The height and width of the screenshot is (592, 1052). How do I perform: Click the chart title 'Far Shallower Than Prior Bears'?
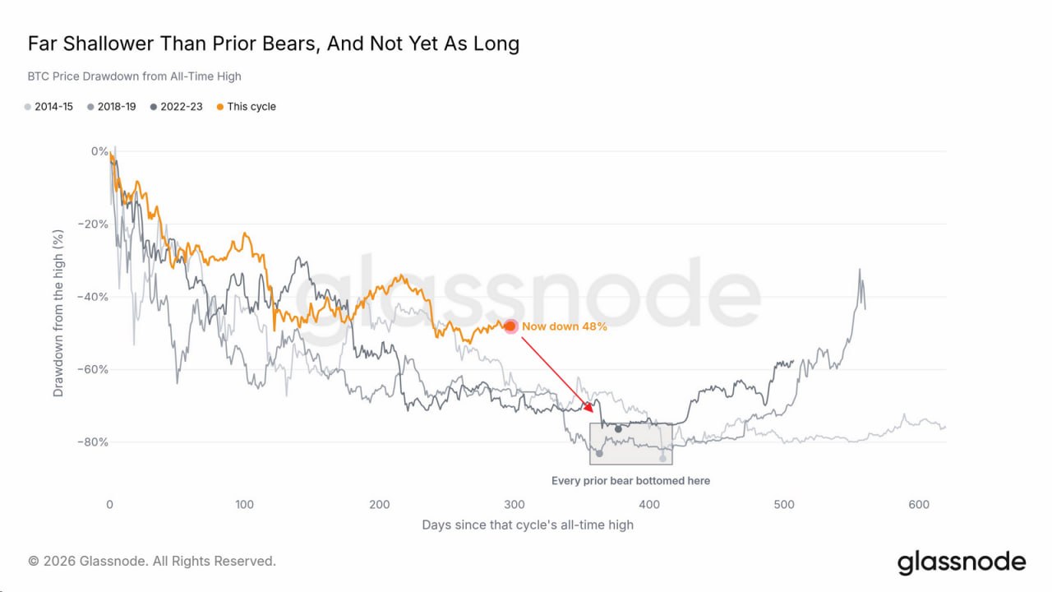173,44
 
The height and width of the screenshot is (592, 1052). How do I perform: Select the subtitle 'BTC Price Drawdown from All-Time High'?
134,76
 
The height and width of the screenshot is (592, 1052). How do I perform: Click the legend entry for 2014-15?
48,107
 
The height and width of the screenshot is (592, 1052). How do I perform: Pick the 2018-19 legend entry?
111,107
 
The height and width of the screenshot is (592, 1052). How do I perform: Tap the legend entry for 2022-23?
176,107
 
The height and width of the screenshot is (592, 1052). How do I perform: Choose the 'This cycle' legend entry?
246,107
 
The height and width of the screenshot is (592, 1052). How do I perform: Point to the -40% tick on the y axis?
93,297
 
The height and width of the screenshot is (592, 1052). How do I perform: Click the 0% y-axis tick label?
99,151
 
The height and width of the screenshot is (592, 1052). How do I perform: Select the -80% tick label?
93,442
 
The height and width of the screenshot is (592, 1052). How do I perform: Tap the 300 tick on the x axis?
514,505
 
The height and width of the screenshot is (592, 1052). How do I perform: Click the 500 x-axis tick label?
784,505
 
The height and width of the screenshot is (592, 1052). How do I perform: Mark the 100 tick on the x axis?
244,505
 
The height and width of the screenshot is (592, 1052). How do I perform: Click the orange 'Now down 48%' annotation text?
565,326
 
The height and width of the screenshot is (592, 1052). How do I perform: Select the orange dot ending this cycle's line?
510,326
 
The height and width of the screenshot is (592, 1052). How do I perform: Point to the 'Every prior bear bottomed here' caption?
630,481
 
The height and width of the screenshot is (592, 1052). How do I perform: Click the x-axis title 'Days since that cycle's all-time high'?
528,525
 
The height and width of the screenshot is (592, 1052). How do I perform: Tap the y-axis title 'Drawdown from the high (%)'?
58,313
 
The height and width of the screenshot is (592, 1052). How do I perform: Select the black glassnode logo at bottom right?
962,563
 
